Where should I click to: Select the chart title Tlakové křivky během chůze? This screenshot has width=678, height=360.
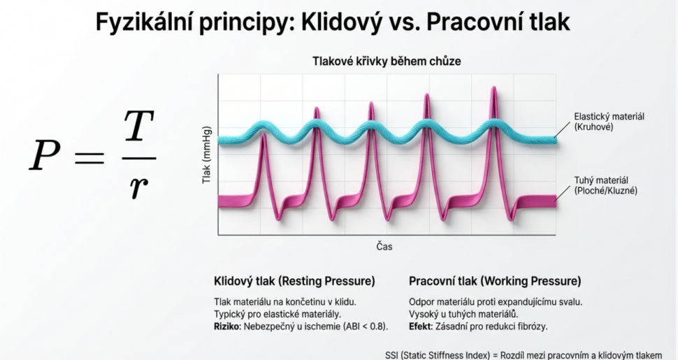point(386,62)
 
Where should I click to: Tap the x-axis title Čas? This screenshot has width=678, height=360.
point(386,246)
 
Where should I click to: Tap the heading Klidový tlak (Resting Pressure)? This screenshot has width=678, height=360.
point(294,282)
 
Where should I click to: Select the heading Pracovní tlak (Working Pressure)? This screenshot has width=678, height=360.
point(495,282)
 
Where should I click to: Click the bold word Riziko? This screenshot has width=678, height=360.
point(227,326)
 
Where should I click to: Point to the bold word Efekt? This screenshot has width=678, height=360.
point(421,326)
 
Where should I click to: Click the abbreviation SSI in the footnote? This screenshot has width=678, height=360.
point(394,354)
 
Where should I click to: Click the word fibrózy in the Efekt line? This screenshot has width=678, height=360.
point(532,326)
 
